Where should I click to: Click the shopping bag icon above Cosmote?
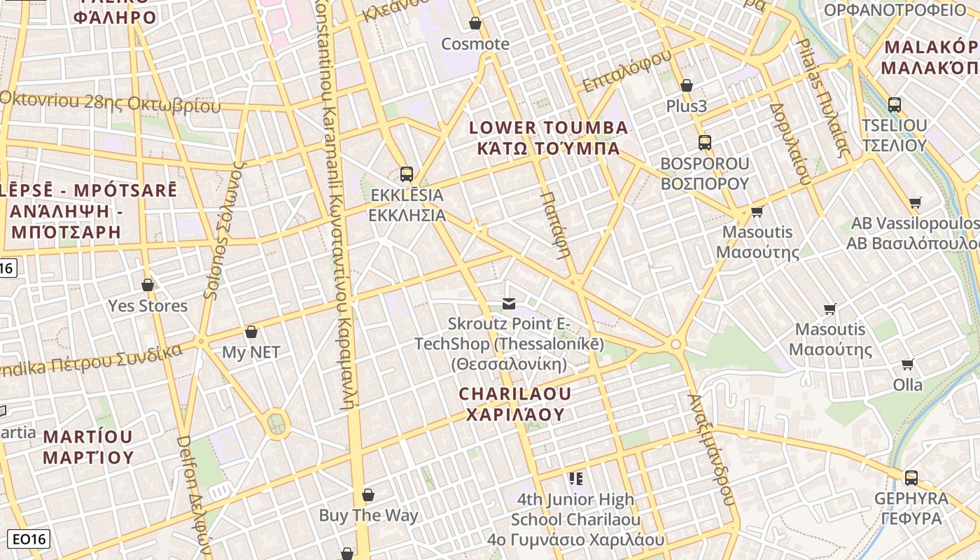tap(475, 23)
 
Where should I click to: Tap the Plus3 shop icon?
tap(687, 85)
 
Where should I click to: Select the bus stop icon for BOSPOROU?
tap(705, 143)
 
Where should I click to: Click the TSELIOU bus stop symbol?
tap(895, 105)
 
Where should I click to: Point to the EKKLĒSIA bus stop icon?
tap(406, 174)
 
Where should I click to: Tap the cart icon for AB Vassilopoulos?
tap(915, 203)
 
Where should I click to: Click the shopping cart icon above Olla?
tap(908, 364)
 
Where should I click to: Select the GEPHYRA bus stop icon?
tap(911, 477)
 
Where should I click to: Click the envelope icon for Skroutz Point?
tap(509, 303)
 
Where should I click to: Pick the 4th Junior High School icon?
tap(575, 478)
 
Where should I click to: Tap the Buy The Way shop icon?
tap(368, 495)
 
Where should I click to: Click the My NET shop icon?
tap(251, 332)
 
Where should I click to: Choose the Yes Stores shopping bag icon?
tap(148, 285)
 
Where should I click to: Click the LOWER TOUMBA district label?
tap(549, 128)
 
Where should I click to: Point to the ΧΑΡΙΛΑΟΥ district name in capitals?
tap(515, 414)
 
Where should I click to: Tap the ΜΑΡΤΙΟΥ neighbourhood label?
tap(87, 458)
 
